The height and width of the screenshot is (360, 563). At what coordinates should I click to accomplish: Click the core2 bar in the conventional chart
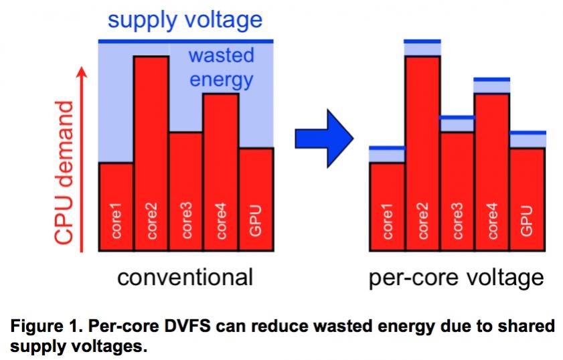151,153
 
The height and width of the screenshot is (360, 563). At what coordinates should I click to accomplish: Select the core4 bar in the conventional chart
221,172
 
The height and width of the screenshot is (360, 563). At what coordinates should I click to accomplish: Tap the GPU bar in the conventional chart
256,199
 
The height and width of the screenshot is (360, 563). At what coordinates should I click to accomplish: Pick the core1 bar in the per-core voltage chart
388,206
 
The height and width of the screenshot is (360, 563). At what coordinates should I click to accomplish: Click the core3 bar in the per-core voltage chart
457,191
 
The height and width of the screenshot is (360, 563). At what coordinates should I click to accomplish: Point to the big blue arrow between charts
324,139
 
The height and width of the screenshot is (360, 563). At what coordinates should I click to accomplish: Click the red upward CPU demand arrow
82,159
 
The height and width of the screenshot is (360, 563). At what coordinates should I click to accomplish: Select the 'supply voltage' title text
185,20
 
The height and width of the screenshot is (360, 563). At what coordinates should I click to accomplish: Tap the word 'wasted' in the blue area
221,56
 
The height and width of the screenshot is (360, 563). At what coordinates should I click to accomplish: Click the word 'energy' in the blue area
221,80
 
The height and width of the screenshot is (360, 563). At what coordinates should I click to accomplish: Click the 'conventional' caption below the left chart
185,277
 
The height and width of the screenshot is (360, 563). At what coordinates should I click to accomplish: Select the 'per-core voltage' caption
457,278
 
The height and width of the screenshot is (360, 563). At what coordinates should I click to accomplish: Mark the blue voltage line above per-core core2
422,41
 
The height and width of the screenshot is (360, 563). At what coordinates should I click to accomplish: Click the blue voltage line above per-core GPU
528,132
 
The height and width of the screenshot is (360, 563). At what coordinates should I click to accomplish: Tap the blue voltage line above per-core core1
388,148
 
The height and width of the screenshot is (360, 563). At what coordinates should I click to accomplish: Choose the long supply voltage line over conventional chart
186,41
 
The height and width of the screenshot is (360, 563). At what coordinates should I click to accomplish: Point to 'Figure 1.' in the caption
47,327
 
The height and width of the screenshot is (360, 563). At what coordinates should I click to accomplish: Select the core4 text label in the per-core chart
492,221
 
